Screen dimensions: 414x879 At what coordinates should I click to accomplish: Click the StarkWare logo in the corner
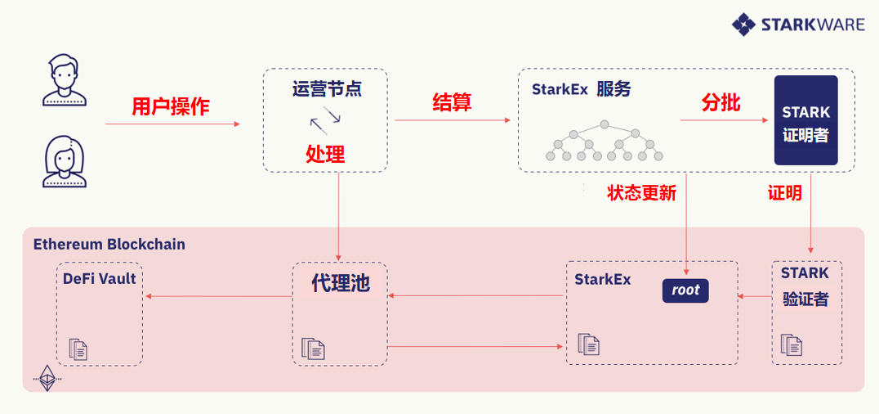click(x=797, y=25)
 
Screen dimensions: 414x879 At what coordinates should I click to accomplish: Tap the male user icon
click(x=64, y=79)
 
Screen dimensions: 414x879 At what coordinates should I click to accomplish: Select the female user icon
click(x=64, y=161)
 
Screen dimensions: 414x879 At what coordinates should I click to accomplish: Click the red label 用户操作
click(x=171, y=106)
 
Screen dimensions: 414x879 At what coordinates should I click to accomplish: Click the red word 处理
click(x=325, y=153)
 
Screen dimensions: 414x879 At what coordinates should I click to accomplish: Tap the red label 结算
click(x=452, y=102)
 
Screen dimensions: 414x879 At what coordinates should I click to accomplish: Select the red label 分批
click(x=721, y=102)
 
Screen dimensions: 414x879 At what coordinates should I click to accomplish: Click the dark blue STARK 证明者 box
click(x=805, y=120)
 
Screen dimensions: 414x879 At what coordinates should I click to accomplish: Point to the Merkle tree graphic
click(x=605, y=141)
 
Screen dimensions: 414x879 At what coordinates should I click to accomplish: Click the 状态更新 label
click(x=641, y=193)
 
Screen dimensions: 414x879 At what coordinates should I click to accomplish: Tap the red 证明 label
click(x=784, y=193)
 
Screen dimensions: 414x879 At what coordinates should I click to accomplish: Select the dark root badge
click(x=685, y=290)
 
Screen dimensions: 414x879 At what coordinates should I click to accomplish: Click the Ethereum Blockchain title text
click(x=109, y=244)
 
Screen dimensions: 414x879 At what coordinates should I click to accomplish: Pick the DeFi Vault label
click(x=100, y=278)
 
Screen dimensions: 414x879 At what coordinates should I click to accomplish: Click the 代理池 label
click(x=341, y=283)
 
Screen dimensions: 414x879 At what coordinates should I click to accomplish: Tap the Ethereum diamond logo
click(x=47, y=377)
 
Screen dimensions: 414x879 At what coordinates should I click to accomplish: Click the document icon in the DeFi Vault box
click(x=78, y=349)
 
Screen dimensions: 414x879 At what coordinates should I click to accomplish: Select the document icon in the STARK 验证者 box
click(x=791, y=344)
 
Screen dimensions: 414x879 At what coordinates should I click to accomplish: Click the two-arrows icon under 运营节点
click(x=325, y=121)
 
